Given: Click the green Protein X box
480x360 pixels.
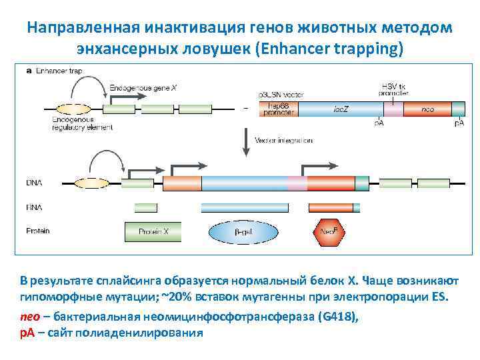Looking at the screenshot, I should pos(153,231).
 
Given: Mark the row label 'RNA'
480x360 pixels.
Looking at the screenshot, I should pos(35,207).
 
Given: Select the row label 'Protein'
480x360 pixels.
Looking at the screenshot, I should pos(38,231).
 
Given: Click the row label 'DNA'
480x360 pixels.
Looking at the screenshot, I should pos(34,182).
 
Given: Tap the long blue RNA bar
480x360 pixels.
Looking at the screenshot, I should pos(280,207).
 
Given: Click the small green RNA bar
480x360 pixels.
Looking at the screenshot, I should pos(146,207).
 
